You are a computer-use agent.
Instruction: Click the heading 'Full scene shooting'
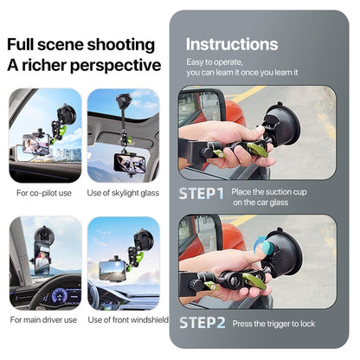click(81, 44)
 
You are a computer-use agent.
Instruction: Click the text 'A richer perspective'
click(85, 65)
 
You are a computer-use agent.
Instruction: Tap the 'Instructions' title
click(232, 44)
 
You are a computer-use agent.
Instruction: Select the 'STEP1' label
click(202, 194)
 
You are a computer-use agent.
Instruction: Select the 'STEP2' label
click(202, 324)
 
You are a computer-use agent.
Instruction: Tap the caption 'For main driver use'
click(45, 320)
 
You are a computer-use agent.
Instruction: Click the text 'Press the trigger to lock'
click(273, 324)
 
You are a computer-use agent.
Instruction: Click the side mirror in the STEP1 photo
click(188, 112)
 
